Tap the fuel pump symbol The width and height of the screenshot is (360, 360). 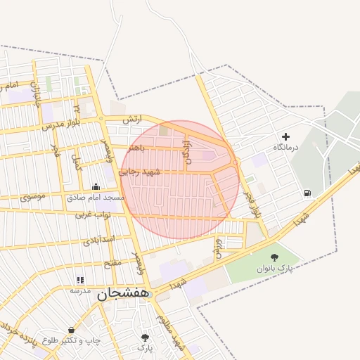[307, 193]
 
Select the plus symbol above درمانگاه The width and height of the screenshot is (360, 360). [285, 136]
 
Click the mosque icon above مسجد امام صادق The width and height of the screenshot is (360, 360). [96, 186]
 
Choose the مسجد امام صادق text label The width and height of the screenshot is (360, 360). [96, 198]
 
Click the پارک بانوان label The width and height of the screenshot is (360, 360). [274, 269]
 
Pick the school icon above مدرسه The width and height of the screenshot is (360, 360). [79, 279]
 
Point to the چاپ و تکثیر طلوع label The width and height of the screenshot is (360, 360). [70, 340]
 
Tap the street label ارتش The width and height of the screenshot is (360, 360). [133, 120]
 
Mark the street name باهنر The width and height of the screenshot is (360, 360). [138, 148]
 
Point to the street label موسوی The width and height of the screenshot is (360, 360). [33, 196]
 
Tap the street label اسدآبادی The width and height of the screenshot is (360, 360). [99, 240]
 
